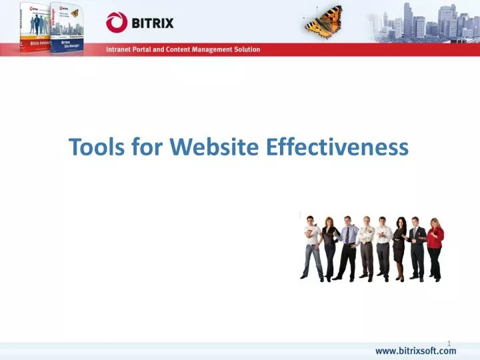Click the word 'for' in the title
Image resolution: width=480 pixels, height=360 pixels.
pyautogui.click(x=147, y=146)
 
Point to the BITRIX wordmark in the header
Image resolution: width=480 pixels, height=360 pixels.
pyautogui.click(x=152, y=23)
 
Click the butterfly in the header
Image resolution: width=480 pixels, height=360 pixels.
pyautogui.click(x=323, y=22)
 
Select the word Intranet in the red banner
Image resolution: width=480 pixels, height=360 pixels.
pyautogui.click(x=121, y=49)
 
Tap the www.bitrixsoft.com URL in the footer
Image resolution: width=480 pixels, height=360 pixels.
pyautogui.click(x=415, y=351)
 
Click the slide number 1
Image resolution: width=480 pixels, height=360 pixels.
pyautogui.click(x=449, y=343)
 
